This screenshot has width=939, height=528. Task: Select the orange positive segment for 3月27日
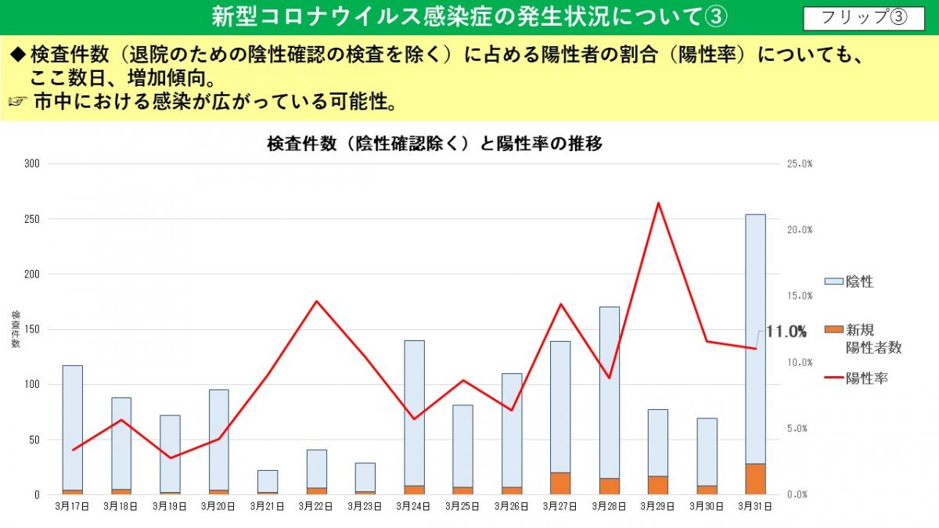560,483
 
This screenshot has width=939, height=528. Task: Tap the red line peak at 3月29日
658,203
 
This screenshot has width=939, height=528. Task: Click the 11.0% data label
786,332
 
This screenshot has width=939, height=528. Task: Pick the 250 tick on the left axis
32,219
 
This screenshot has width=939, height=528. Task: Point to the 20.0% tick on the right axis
800,230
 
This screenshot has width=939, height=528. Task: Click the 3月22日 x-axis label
317,507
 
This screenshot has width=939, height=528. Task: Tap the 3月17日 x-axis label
72,507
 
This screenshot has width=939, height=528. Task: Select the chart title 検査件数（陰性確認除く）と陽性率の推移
434,144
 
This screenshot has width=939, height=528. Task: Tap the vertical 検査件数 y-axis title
16,329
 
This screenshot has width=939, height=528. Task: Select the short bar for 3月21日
268,481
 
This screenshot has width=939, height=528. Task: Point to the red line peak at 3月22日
316,301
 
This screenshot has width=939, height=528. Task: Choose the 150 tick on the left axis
32,329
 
